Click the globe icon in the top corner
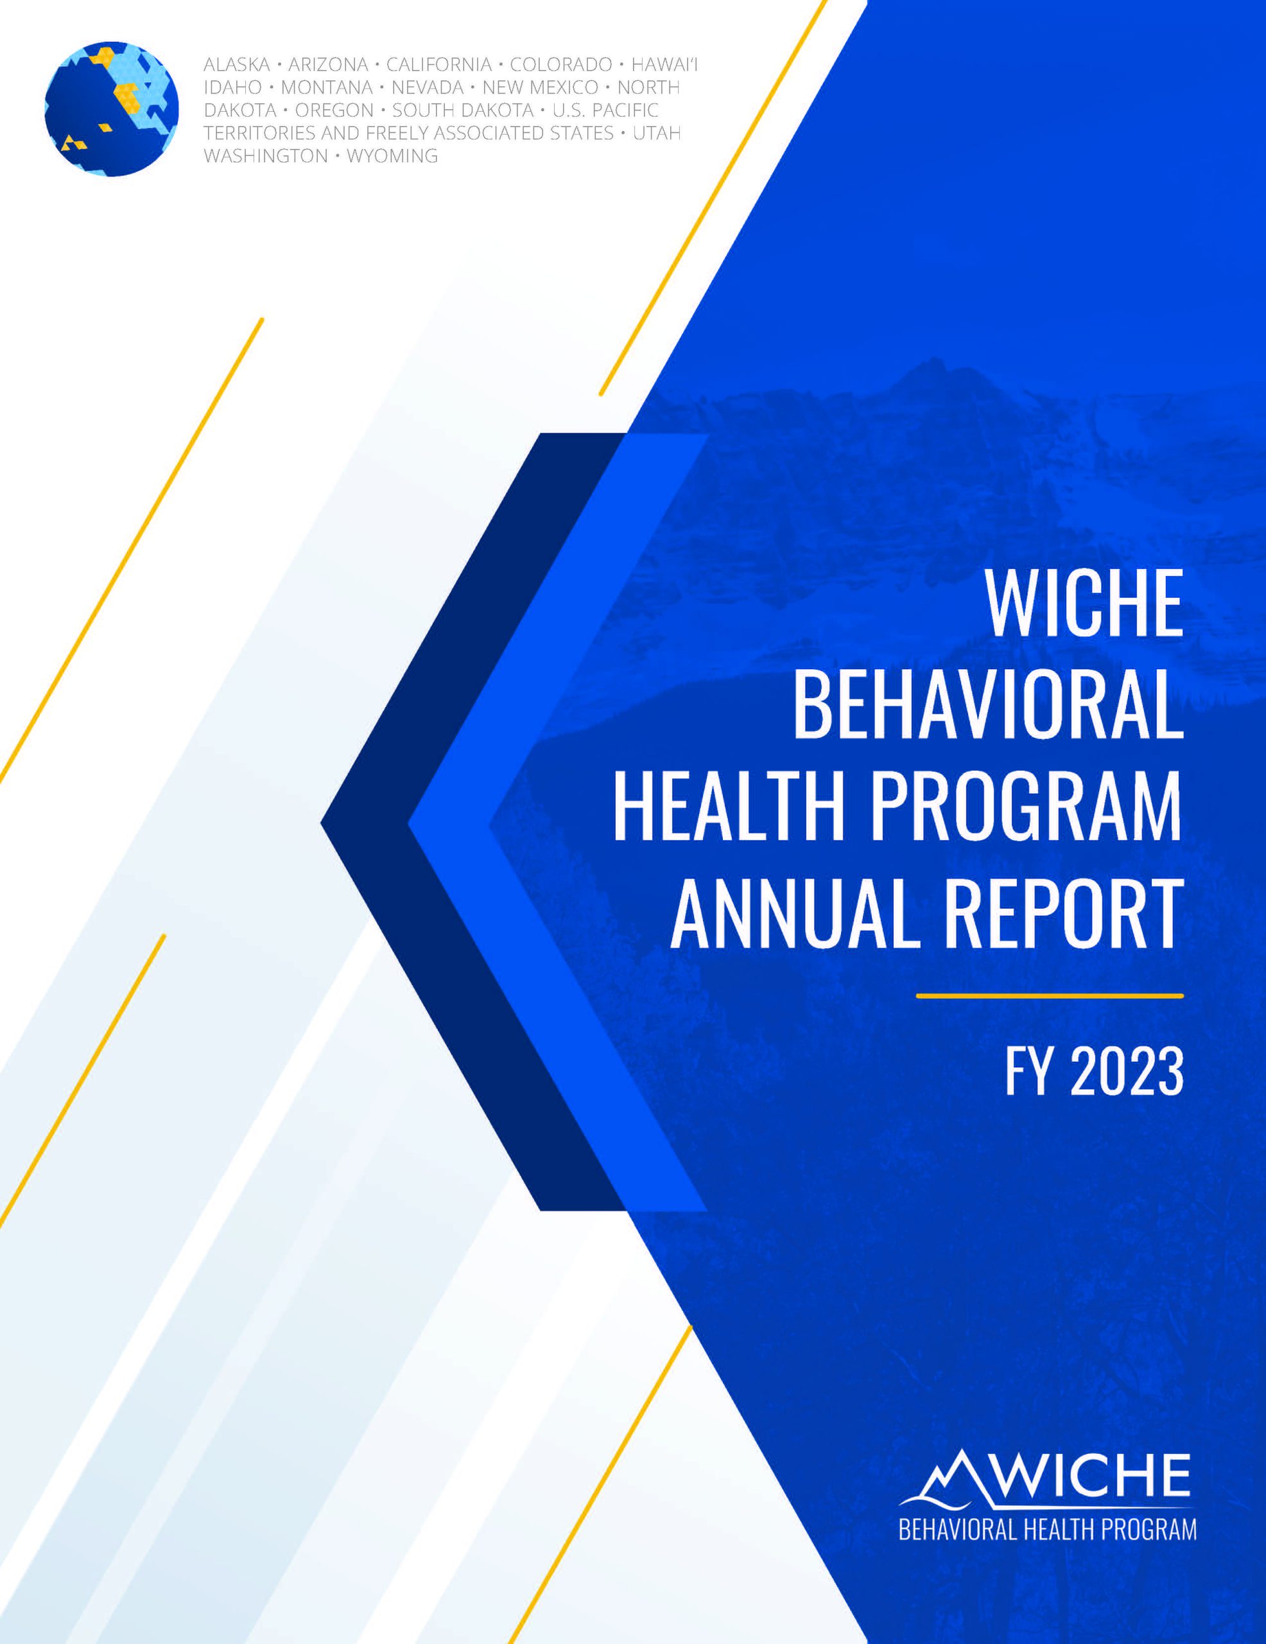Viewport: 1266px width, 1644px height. tap(112, 109)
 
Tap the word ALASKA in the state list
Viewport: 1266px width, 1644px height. tap(236, 65)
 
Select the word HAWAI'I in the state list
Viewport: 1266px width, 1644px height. tap(664, 65)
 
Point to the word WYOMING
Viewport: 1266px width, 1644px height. tap(392, 156)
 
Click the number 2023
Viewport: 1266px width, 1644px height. tap(1126, 1071)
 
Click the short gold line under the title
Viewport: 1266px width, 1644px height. tap(1049, 996)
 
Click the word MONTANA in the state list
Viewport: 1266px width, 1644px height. tap(326, 88)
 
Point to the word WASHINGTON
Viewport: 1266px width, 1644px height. tap(266, 156)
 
